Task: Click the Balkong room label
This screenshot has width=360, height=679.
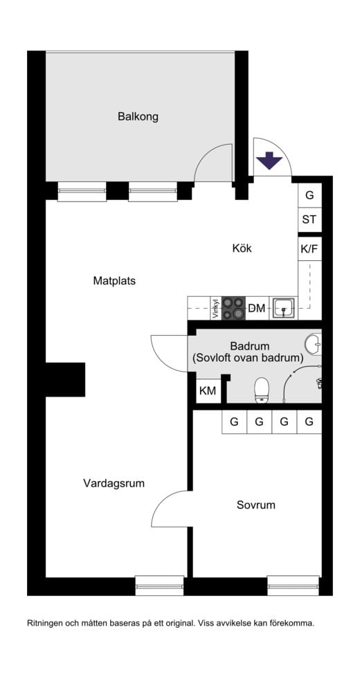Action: pos(138,116)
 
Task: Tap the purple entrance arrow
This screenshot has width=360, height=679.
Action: pos(269,160)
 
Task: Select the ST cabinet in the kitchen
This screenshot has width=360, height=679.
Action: pos(309,220)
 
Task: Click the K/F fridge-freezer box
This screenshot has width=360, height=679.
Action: pos(309,249)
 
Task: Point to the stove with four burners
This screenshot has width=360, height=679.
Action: pos(233,308)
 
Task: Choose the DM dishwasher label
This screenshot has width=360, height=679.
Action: pos(256,308)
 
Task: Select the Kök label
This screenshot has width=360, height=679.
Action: pos(242,248)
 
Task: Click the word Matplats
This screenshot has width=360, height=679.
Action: pos(114,281)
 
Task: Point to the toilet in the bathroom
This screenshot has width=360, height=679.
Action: pos(262,390)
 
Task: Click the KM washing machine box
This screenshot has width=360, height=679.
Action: pos(208,391)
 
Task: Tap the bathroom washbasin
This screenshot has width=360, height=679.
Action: pos(313,344)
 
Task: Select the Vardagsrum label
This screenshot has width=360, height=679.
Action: pos(114,483)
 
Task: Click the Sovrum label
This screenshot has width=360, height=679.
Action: pos(256,505)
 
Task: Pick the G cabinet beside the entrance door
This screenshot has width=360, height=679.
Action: pos(309,195)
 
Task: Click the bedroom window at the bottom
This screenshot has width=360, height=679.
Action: pos(294,585)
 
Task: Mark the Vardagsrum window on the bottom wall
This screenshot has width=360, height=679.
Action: pos(160,585)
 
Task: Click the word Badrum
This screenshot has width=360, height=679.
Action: pos(250,347)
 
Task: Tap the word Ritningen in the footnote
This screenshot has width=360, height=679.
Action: pos(44,624)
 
